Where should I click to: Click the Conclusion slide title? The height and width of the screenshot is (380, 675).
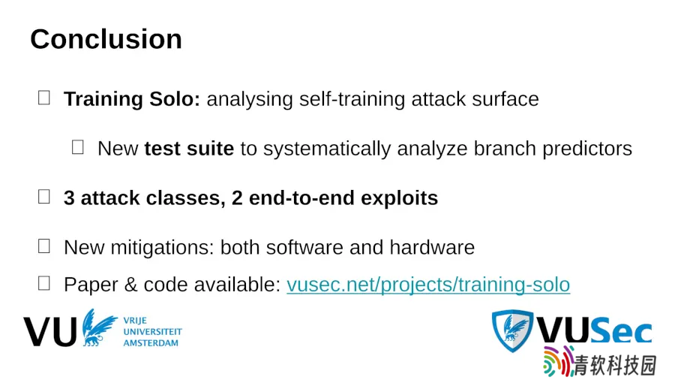pos(106,39)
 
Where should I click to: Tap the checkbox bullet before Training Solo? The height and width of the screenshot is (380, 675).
pos(44,98)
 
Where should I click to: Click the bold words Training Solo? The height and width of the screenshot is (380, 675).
pos(132,99)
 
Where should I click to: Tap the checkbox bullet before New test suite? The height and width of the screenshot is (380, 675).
pos(77,147)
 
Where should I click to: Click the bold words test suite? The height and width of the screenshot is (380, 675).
pos(189,149)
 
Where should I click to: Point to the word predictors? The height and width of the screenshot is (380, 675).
pos(587,149)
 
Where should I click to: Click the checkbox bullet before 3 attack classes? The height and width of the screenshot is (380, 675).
pos(44,197)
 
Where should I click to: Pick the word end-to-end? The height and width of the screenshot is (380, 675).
pos(301,198)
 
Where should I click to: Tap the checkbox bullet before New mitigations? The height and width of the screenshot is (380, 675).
pos(44,246)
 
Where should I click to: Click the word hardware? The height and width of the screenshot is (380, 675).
pos(432,248)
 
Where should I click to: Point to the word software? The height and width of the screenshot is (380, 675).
pos(304,248)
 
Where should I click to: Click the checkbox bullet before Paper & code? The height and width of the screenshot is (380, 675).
pos(44,283)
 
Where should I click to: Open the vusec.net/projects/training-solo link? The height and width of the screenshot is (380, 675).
pos(428,285)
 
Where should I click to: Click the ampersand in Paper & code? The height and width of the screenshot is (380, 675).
pos(130,285)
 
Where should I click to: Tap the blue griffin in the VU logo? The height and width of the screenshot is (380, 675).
pos(98,327)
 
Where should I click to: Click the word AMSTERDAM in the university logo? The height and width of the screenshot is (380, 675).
pos(151,343)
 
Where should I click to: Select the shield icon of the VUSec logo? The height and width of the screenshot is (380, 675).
pos(512,330)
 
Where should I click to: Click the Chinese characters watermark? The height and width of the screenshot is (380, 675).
pos(615,366)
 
